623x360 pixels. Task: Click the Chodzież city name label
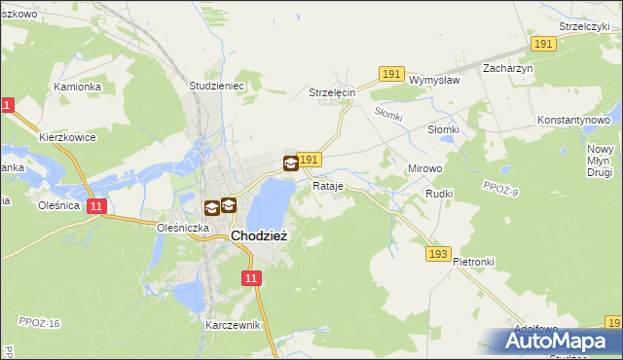point(258,235)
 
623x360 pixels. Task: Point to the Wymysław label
point(434,81)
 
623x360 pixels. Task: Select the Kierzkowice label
point(67,138)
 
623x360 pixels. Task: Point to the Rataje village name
point(327,185)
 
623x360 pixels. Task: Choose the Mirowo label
point(424,168)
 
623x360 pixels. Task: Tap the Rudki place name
point(439,195)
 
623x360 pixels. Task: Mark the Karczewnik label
point(234,325)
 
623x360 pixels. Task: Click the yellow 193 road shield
point(438,254)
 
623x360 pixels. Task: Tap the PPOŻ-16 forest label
point(39,322)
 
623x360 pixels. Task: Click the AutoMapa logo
point(555,342)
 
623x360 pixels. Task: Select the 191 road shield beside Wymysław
point(391,74)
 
